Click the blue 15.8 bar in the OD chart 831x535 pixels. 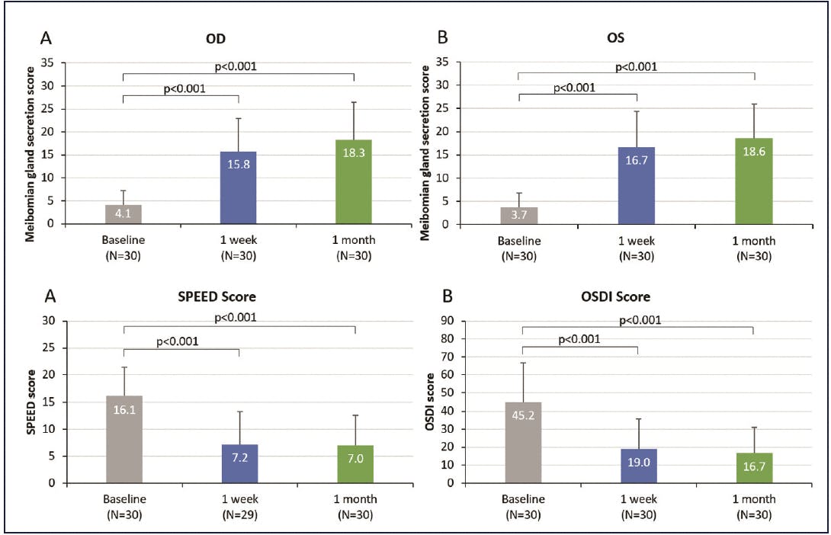tap(238, 187)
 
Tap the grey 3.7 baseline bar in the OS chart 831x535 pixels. tap(519, 215)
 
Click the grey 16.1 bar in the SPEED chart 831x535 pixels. tap(124, 439)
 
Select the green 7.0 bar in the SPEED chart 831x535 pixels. tap(355, 463)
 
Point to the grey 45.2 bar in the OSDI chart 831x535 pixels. tap(523, 442)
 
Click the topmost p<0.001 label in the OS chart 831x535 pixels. tap(637, 66)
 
